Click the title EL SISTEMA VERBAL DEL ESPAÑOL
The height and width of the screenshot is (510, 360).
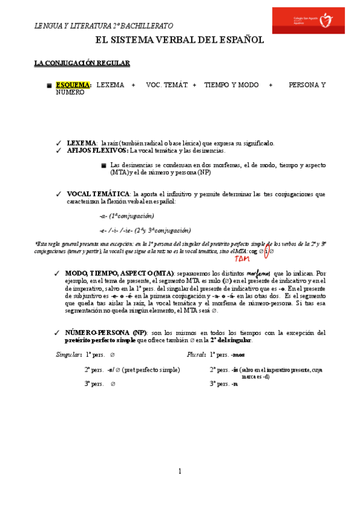coord(180,40)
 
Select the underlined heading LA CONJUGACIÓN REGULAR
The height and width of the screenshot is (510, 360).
coord(82,63)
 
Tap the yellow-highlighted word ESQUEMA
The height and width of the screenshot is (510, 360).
coord(73,85)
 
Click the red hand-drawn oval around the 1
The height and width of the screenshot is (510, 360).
coord(267,251)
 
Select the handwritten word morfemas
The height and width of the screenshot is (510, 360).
coord(259,273)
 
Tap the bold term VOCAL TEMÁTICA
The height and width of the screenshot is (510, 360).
coord(98,194)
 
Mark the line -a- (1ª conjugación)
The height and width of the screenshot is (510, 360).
coord(127,215)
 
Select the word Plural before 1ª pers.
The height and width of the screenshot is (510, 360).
coord(197,355)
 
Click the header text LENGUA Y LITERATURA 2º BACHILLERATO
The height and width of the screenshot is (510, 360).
coord(103,26)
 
